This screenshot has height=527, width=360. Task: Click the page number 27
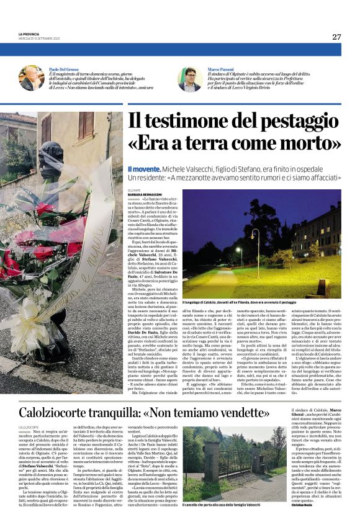point(336,37)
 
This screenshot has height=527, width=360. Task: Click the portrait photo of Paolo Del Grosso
point(32,78)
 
